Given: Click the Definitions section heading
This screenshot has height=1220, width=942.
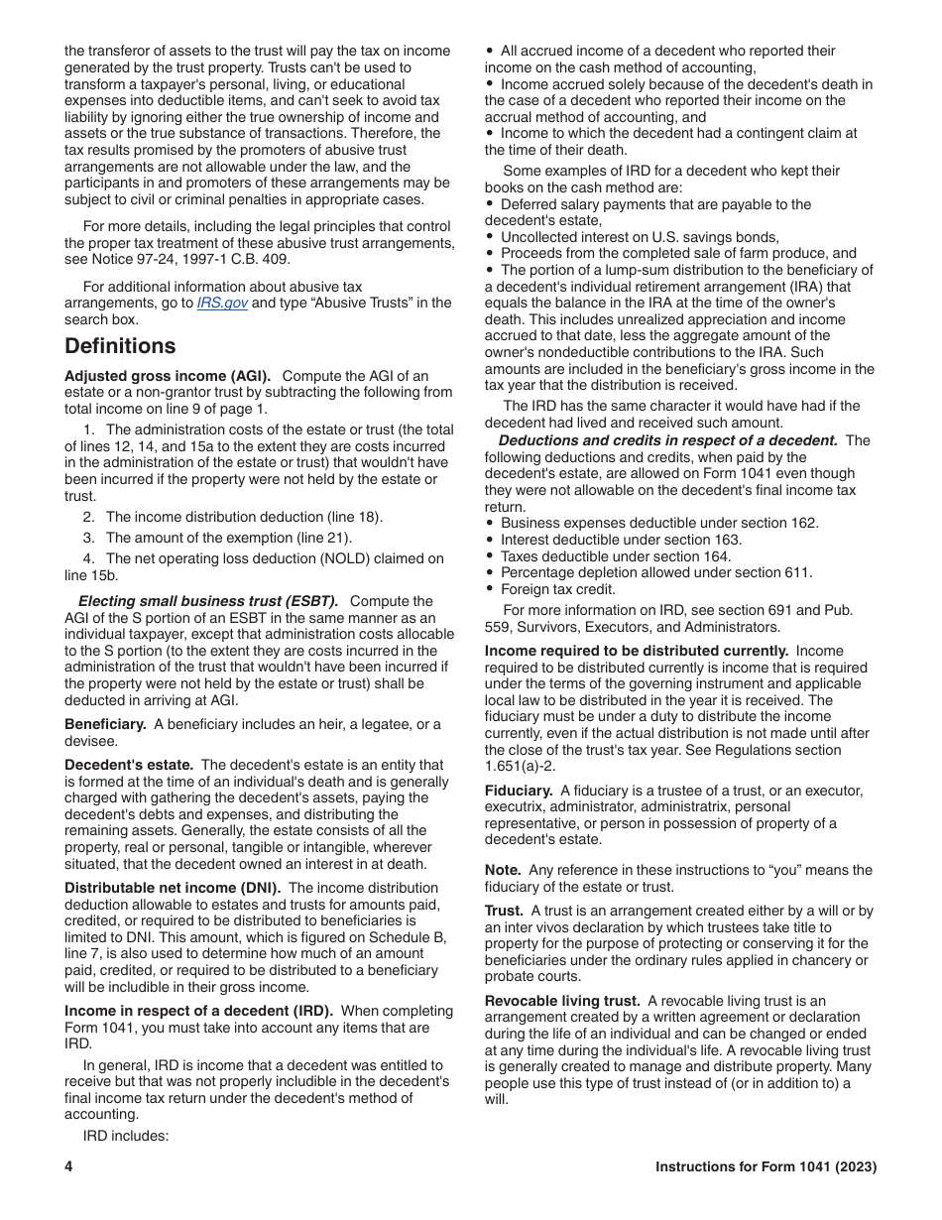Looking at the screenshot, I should click(x=120, y=346).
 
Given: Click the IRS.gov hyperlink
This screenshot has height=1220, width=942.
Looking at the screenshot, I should click(x=222, y=304).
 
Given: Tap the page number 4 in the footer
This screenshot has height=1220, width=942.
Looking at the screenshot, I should click(x=69, y=1166).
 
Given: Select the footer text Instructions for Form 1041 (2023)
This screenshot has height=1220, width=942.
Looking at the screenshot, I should click(x=765, y=1166).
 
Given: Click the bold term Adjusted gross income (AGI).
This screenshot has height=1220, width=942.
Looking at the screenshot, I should click(x=168, y=376).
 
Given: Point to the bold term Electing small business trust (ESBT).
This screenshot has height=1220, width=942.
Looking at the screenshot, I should click(x=208, y=601).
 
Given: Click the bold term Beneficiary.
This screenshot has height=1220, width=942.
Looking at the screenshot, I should click(x=105, y=724).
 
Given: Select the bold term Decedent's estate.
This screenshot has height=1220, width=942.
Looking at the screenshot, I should click(x=129, y=765).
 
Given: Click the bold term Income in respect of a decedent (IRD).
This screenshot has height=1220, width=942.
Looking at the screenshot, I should click(x=198, y=1011).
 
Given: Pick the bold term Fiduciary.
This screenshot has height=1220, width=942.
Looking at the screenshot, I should click(x=519, y=791).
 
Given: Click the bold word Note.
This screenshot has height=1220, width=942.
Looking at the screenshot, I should click(x=503, y=870).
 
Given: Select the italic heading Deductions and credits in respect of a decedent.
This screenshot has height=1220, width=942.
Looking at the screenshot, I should click(x=667, y=440).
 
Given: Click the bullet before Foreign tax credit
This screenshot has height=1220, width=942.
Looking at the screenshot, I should click(x=490, y=589).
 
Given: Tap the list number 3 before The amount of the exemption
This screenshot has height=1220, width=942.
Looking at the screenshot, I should click(x=88, y=538).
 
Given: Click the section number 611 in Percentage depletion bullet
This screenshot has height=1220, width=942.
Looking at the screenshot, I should click(x=799, y=572).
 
